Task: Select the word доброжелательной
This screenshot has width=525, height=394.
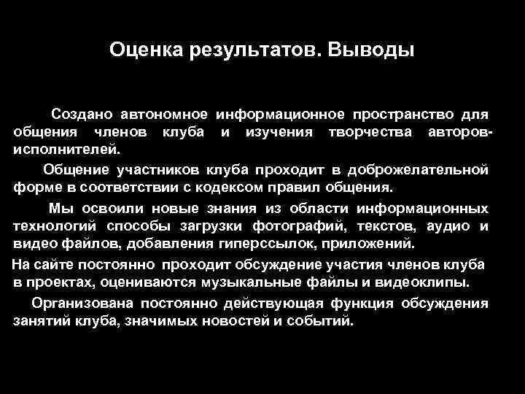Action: (419, 170)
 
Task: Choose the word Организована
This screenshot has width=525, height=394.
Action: (85, 303)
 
